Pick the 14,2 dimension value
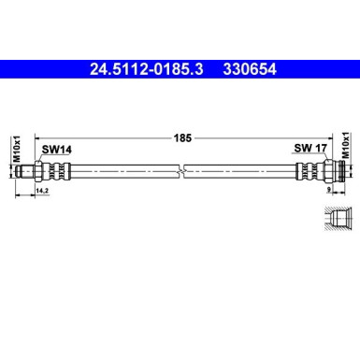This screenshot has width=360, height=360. pos(41,192)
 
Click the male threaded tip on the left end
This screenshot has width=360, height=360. pos(36,171)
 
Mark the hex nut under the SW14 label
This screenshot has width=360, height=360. pos(48,171)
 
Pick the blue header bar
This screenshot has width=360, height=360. pos(180,68)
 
